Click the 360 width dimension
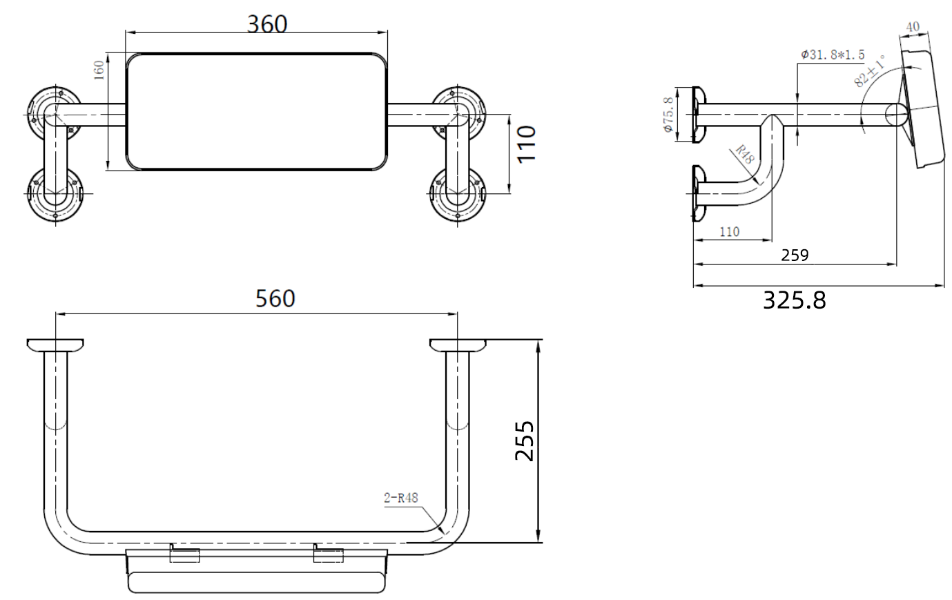point(267,23)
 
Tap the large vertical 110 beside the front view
point(526,143)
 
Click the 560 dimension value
point(275,298)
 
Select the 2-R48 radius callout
point(402,497)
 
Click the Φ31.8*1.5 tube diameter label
point(833,55)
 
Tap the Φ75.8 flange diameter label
point(668,115)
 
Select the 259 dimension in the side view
point(795,255)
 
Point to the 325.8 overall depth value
point(794,300)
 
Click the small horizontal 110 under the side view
point(729,232)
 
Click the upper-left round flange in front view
point(52,110)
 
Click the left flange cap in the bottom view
point(55,345)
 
